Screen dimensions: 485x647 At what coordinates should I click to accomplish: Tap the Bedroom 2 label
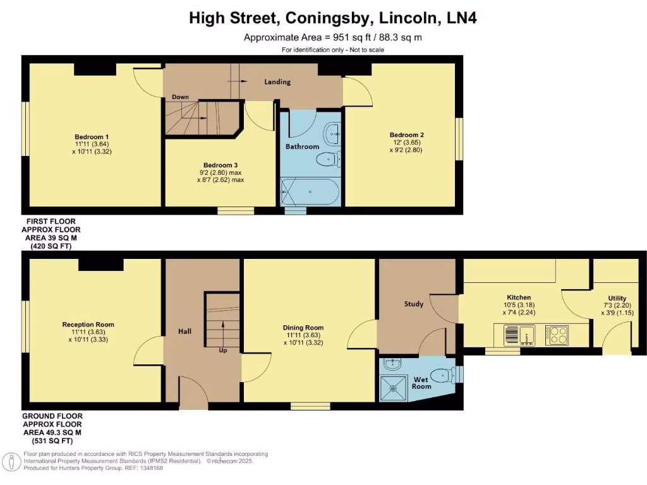(406, 135)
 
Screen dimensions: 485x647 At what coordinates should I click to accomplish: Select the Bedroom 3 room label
(219, 164)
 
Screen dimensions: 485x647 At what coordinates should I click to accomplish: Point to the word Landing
(277, 82)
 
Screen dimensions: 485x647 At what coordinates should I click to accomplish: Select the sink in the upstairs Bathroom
(332, 133)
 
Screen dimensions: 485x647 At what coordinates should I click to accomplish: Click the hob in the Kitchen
(557, 335)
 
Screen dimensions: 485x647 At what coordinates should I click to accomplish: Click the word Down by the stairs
(180, 97)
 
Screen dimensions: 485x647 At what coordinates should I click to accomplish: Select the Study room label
(414, 304)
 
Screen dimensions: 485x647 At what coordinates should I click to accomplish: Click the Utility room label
(617, 298)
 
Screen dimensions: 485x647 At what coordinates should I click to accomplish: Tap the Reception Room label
(88, 325)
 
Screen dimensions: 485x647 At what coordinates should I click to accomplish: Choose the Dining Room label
(303, 328)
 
